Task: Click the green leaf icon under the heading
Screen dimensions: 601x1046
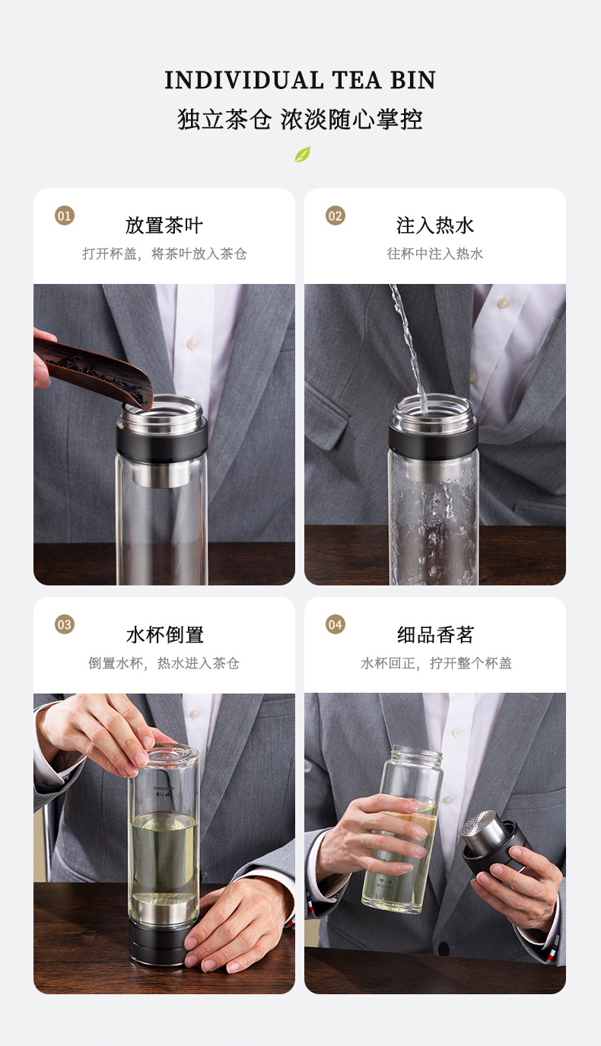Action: tap(302, 154)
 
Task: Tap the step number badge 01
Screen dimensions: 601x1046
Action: tap(65, 215)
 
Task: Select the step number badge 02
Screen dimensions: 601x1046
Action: tap(335, 215)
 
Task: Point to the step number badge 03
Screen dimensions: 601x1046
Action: tap(65, 624)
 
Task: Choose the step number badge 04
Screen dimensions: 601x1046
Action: tap(335, 624)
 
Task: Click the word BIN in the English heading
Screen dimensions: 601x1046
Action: tap(413, 81)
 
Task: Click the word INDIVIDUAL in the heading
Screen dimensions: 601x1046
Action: tap(244, 81)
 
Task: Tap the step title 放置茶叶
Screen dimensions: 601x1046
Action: tap(164, 225)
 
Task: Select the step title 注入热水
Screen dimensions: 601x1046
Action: tap(435, 225)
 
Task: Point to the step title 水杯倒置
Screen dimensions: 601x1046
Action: tap(164, 635)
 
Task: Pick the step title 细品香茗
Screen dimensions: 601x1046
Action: tap(435, 635)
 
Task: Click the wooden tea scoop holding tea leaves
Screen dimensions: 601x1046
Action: tap(94, 370)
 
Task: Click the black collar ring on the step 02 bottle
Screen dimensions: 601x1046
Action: tap(434, 438)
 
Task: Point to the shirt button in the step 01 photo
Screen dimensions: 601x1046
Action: tap(192, 343)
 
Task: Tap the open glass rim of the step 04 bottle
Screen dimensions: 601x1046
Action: tap(417, 753)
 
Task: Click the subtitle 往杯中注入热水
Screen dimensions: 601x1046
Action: tap(435, 254)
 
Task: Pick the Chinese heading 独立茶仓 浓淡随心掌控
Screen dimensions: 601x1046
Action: tap(300, 120)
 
